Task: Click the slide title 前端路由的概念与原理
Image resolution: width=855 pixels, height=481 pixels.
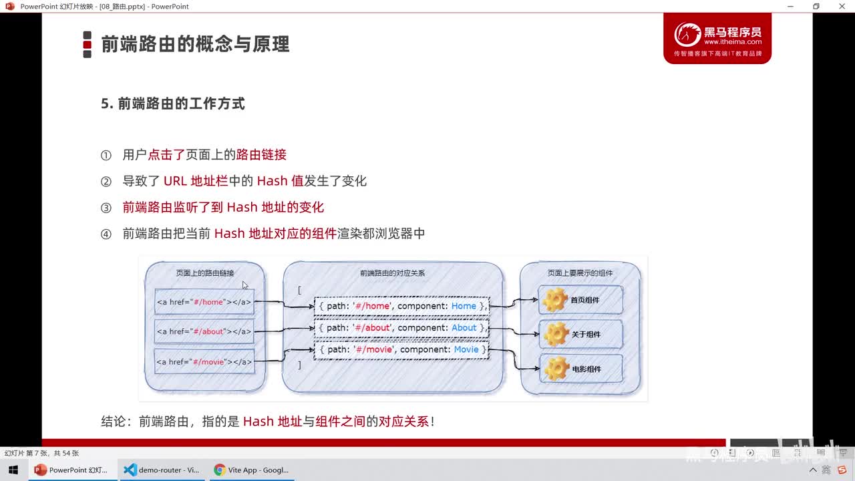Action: click(195, 44)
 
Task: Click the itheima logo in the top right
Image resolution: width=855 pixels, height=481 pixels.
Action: click(717, 38)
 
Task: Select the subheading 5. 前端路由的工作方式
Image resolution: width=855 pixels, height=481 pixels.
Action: click(173, 104)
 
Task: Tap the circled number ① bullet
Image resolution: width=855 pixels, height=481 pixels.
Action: click(106, 155)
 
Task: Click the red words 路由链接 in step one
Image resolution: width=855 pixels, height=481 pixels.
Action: click(261, 155)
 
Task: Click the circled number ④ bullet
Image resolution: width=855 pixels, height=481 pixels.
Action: click(106, 234)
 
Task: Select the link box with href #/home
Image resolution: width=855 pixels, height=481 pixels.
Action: click(204, 302)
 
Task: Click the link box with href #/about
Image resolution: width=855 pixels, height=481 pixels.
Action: click(204, 331)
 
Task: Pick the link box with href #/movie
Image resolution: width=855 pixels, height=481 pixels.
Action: click(204, 361)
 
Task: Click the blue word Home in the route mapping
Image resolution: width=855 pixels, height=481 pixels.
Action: click(464, 306)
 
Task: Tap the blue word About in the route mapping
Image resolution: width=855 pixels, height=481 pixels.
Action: click(464, 328)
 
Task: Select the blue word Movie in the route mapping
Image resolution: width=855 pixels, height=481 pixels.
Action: click(466, 349)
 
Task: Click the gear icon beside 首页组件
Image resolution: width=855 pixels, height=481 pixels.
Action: click(555, 300)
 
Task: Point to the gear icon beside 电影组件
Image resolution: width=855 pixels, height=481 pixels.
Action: click(556, 369)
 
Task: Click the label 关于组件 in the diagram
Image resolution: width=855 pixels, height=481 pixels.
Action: click(586, 335)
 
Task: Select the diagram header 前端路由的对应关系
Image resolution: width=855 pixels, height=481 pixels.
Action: click(392, 273)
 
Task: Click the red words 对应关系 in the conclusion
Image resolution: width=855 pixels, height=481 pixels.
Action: click(404, 422)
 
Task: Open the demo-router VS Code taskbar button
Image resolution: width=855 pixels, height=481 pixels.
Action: click(162, 470)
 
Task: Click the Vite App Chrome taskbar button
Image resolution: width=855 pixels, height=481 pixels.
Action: click(251, 470)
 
